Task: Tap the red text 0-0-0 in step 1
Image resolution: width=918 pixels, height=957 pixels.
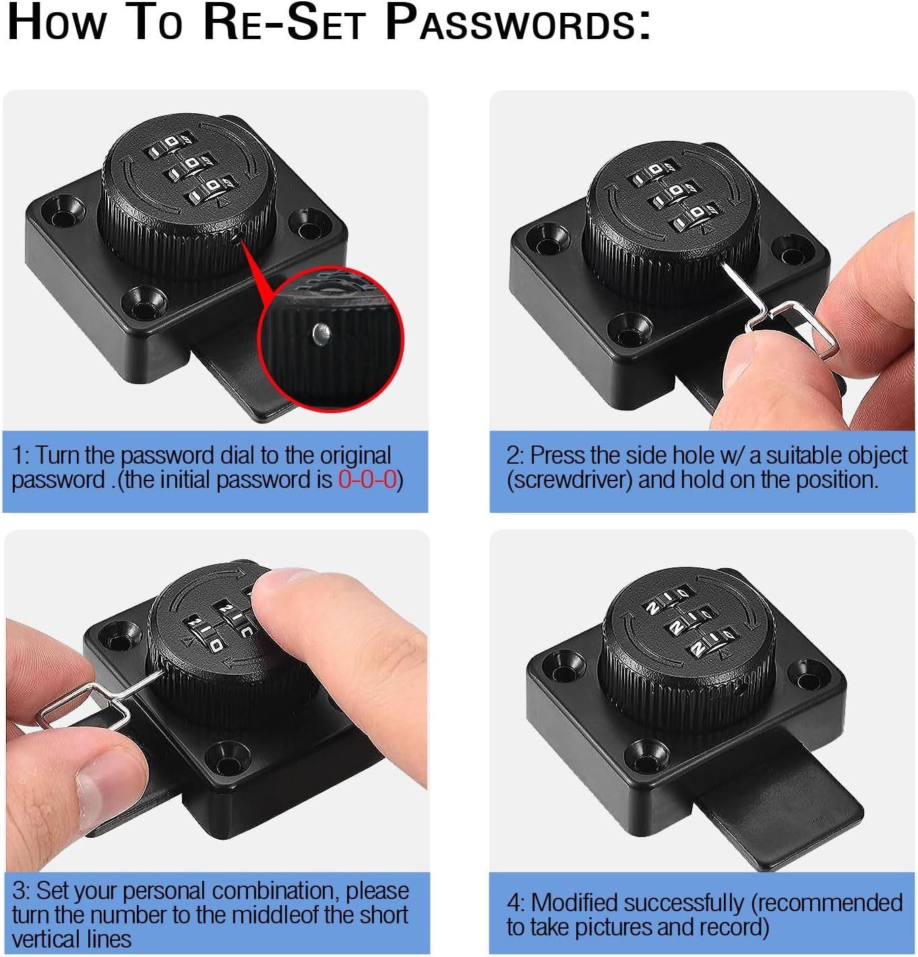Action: coord(367,480)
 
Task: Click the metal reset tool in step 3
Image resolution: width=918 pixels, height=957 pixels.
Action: coord(88,704)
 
